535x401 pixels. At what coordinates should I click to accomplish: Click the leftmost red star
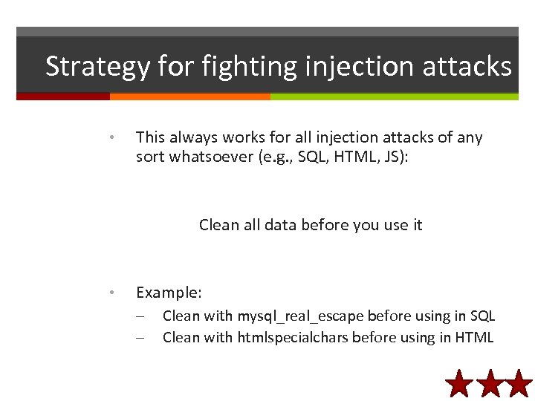(x=460, y=384)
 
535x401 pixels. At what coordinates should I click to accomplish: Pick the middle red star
(x=490, y=384)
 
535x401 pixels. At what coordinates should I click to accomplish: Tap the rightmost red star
(x=519, y=384)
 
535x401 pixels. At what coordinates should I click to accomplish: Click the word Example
(x=169, y=293)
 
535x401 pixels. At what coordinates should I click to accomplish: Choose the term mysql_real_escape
(x=300, y=316)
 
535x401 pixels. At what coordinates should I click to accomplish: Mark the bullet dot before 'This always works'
(x=110, y=137)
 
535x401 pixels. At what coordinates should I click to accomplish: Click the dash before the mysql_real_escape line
(x=140, y=316)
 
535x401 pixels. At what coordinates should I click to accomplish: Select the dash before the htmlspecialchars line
(x=140, y=338)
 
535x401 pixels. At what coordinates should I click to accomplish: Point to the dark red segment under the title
(x=63, y=97)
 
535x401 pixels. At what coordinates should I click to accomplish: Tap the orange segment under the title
(x=189, y=97)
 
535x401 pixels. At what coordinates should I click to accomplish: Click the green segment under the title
(x=394, y=97)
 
